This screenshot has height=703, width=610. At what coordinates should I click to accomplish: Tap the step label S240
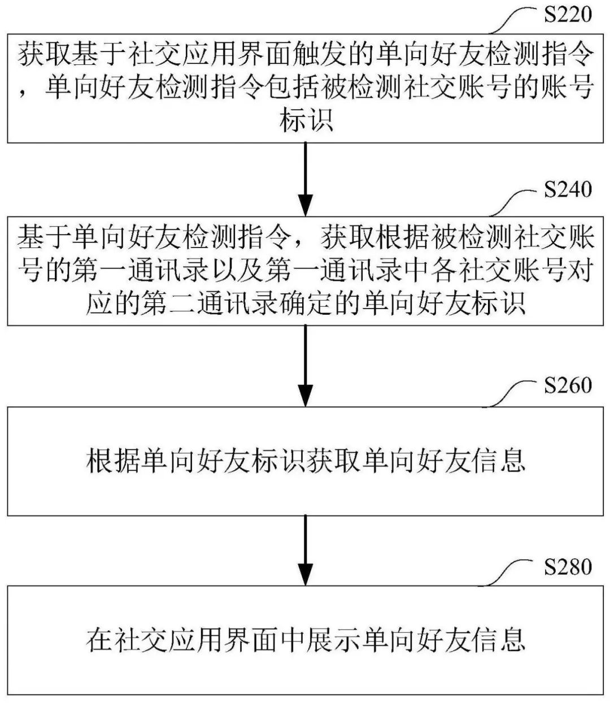pos(568,189)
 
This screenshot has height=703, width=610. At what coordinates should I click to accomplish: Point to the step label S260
pos(568,385)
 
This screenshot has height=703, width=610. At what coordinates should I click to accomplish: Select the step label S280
pos(568,567)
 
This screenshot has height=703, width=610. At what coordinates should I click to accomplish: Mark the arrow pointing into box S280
pos(305,551)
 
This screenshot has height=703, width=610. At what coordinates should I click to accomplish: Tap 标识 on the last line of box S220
pos(306,121)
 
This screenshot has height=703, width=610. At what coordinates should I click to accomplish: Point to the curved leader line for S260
pos(511,393)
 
